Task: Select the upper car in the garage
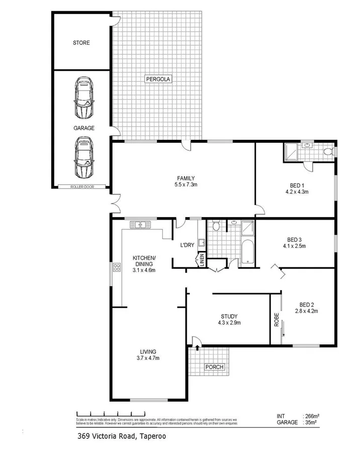[83, 98]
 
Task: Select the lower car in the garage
[83, 158]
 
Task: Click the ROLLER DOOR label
[81, 187]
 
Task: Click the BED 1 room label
[297, 188]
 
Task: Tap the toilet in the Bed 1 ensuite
[327, 151]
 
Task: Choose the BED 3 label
[294, 243]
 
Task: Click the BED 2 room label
[307, 308]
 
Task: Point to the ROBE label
[277, 321]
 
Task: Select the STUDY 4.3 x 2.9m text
[228, 319]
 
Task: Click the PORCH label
[214, 367]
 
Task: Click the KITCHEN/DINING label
[144, 264]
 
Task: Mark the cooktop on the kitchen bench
[117, 266]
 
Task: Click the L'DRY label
[187, 246]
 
